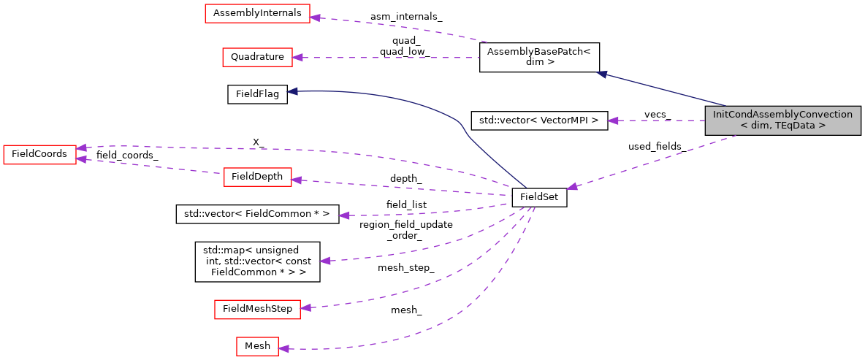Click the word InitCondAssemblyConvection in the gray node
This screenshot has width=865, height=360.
pyautogui.click(x=782, y=115)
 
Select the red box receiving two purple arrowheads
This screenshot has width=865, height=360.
pyautogui.click(x=39, y=154)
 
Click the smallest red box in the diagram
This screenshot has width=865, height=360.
pyautogui.click(x=257, y=346)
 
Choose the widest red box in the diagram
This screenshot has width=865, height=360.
pyautogui.click(x=257, y=13)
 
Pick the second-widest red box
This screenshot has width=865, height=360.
pyautogui.click(x=257, y=310)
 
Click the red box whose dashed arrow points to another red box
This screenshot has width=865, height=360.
pyautogui.click(x=257, y=177)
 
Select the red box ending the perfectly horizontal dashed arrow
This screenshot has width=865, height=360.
pyautogui.click(x=257, y=57)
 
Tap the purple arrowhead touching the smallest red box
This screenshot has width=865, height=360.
pyautogui.click(x=283, y=349)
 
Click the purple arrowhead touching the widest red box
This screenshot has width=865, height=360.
pyautogui.click(x=315, y=18)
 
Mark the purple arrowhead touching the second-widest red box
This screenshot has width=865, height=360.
pyautogui.click(x=305, y=308)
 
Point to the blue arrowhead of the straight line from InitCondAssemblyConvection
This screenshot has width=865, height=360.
pyautogui.click(x=601, y=74)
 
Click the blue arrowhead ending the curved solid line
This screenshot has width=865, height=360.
pyautogui.click(x=291, y=91)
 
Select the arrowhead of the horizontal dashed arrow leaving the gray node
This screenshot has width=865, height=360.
pyautogui.click(x=613, y=120)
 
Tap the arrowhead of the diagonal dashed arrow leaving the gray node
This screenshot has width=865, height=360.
pyautogui.click(x=573, y=187)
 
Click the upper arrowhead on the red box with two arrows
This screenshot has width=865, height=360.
pyautogui.click(x=81, y=148)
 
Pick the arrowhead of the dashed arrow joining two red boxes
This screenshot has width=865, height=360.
pyautogui.click(x=81, y=158)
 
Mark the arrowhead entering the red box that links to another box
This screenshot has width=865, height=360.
pyautogui.click(x=296, y=180)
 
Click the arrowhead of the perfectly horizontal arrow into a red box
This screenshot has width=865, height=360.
pyautogui.click(x=297, y=57)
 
